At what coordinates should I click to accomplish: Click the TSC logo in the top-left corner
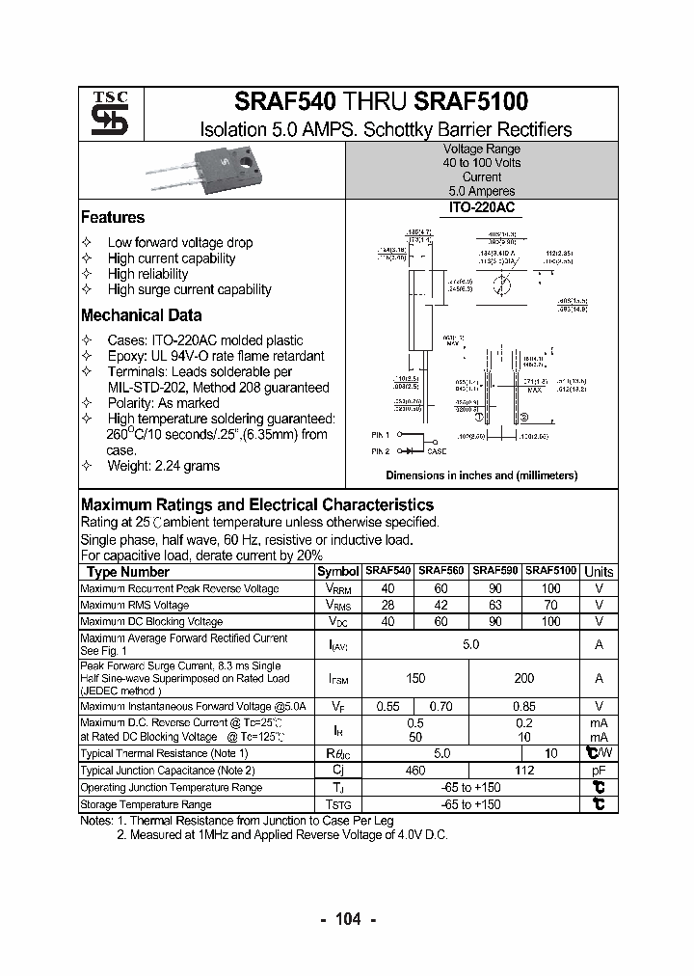tap(102, 114)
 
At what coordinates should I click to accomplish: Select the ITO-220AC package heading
tap(481, 207)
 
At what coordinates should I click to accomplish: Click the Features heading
tap(113, 218)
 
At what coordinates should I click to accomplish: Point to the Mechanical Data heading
tap(141, 315)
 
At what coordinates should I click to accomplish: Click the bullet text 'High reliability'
tap(147, 274)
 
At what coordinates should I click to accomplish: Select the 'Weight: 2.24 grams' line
tap(163, 466)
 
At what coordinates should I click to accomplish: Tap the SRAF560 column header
tap(440, 571)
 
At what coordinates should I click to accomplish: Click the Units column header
tap(599, 571)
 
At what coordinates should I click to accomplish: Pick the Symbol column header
tap(337, 572)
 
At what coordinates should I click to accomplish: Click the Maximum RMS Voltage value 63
tap(495, 605)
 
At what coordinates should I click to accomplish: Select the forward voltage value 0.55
tap(387, 707)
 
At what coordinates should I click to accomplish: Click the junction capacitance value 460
tap(415, 770)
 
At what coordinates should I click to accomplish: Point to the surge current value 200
tap(523, 678)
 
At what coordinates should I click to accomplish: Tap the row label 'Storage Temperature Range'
tap(146, 804)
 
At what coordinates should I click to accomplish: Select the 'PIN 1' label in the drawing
tap(381, 437)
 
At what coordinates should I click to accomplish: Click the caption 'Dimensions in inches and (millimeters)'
tap(481, 475)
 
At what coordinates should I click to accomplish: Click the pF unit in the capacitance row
tap(599, 770)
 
